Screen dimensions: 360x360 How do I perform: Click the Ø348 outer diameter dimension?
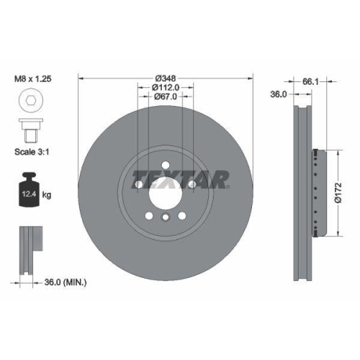(165, 77)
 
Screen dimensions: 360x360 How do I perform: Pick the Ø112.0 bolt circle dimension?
(165, 87)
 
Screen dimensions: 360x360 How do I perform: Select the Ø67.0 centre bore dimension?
(165, 97)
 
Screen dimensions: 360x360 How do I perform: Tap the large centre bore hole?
(165, 193)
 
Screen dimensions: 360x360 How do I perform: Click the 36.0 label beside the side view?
(278, 94)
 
